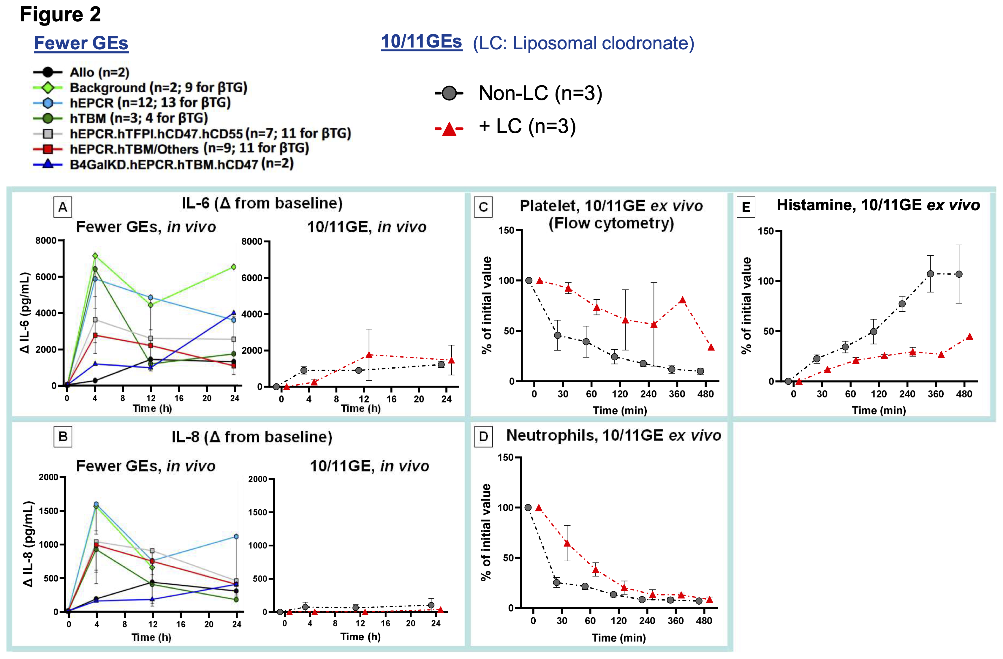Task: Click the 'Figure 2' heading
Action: tap(60, 15)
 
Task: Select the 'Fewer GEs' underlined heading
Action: tap(81, 43)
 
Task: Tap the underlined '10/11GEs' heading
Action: tap(421, 42)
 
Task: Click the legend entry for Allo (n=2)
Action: tap(99, 72)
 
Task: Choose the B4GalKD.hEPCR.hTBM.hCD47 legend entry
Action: tap(181, 164)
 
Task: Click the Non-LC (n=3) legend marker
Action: tap(449, 93)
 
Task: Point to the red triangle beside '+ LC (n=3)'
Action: tap(449, 128)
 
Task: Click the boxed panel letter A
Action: tap(63, 207)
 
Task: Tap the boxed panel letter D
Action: tap(483, 436)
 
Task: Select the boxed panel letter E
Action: tap(746, 207)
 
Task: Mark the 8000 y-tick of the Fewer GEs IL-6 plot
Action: tap(46, 241)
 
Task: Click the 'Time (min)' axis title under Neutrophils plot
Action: tap(619, 638)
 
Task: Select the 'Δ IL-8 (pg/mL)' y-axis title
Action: tap(28, 544)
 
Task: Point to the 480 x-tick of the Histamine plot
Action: tap(964, 394)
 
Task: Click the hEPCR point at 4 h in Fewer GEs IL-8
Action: tap(96, 504)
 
